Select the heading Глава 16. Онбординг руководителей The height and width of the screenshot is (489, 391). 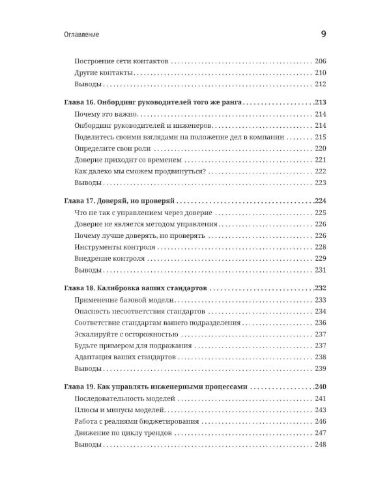click(154, 102)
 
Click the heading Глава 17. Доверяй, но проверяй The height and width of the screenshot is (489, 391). click(121, 201)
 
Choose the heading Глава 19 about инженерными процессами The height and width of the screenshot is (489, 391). click(156, 387)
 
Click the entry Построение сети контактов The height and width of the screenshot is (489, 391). click(122, 61)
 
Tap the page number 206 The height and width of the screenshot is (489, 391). click(320, 61)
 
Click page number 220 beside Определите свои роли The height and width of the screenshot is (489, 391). click(320, 148)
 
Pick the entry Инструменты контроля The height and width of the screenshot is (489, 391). click(115, 247)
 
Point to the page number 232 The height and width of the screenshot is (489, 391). click(320, 288)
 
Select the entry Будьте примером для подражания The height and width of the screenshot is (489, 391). click(133, 346)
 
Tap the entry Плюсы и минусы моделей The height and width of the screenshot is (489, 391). click(119, 409)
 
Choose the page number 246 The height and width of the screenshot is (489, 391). click(320, 421)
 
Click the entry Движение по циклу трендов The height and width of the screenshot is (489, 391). click(127, 433)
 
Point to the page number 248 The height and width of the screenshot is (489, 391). click(320, 445)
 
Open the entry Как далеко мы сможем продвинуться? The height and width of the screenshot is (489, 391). click(140, 171)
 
